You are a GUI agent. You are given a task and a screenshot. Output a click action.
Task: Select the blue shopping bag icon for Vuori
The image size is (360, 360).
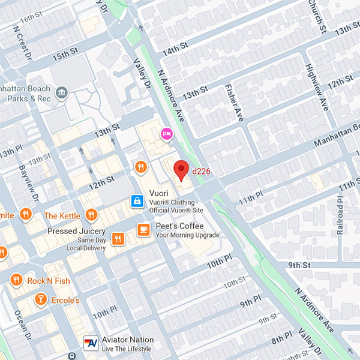137,200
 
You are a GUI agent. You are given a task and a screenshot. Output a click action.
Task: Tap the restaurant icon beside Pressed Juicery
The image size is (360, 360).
118,238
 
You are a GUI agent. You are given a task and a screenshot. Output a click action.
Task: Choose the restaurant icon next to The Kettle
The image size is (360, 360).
91,215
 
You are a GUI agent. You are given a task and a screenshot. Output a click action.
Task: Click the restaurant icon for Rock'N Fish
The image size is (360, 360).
16,280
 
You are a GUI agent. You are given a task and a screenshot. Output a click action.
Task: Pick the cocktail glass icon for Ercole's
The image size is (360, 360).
40,299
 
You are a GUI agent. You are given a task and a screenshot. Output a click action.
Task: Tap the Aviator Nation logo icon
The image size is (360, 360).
91,343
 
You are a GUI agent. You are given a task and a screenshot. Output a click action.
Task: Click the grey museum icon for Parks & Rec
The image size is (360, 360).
61,92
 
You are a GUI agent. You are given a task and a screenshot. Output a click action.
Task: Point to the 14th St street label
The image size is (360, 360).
175,49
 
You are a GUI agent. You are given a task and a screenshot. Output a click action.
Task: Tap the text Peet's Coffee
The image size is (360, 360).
179,226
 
